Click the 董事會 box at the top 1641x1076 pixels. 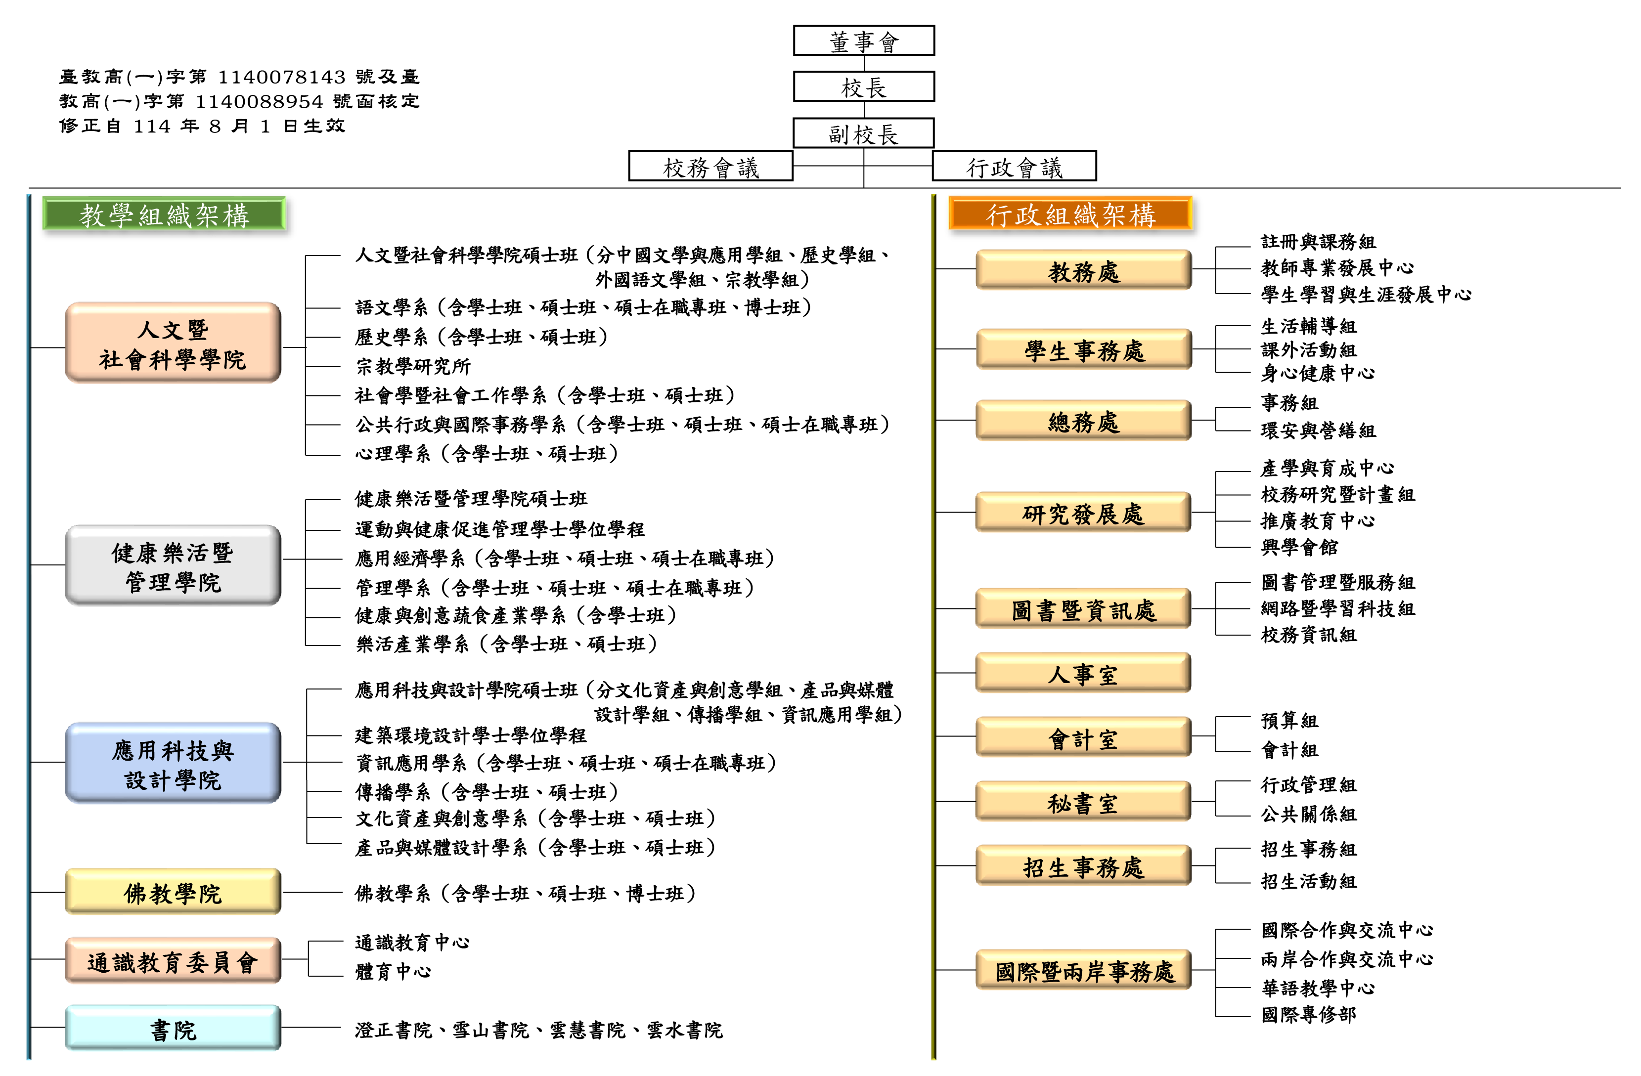click(863, 41)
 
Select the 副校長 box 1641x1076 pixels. click(863, 133)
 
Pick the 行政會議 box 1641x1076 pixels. click(1014, 166)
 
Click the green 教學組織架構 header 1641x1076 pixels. click(164, 215)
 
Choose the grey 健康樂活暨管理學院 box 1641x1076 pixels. click(173, 565)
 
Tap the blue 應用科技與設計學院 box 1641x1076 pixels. click(173, 763)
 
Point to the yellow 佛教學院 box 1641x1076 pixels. click(173, 892)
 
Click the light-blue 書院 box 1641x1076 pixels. click(173, 1029)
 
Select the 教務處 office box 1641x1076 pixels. click(1083, 270)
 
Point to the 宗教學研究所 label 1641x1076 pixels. click(413, 366)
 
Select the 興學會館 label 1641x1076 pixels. click(1299, 547)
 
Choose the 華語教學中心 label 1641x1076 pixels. click(1318, 988)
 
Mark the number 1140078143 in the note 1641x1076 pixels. click(281, 77)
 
